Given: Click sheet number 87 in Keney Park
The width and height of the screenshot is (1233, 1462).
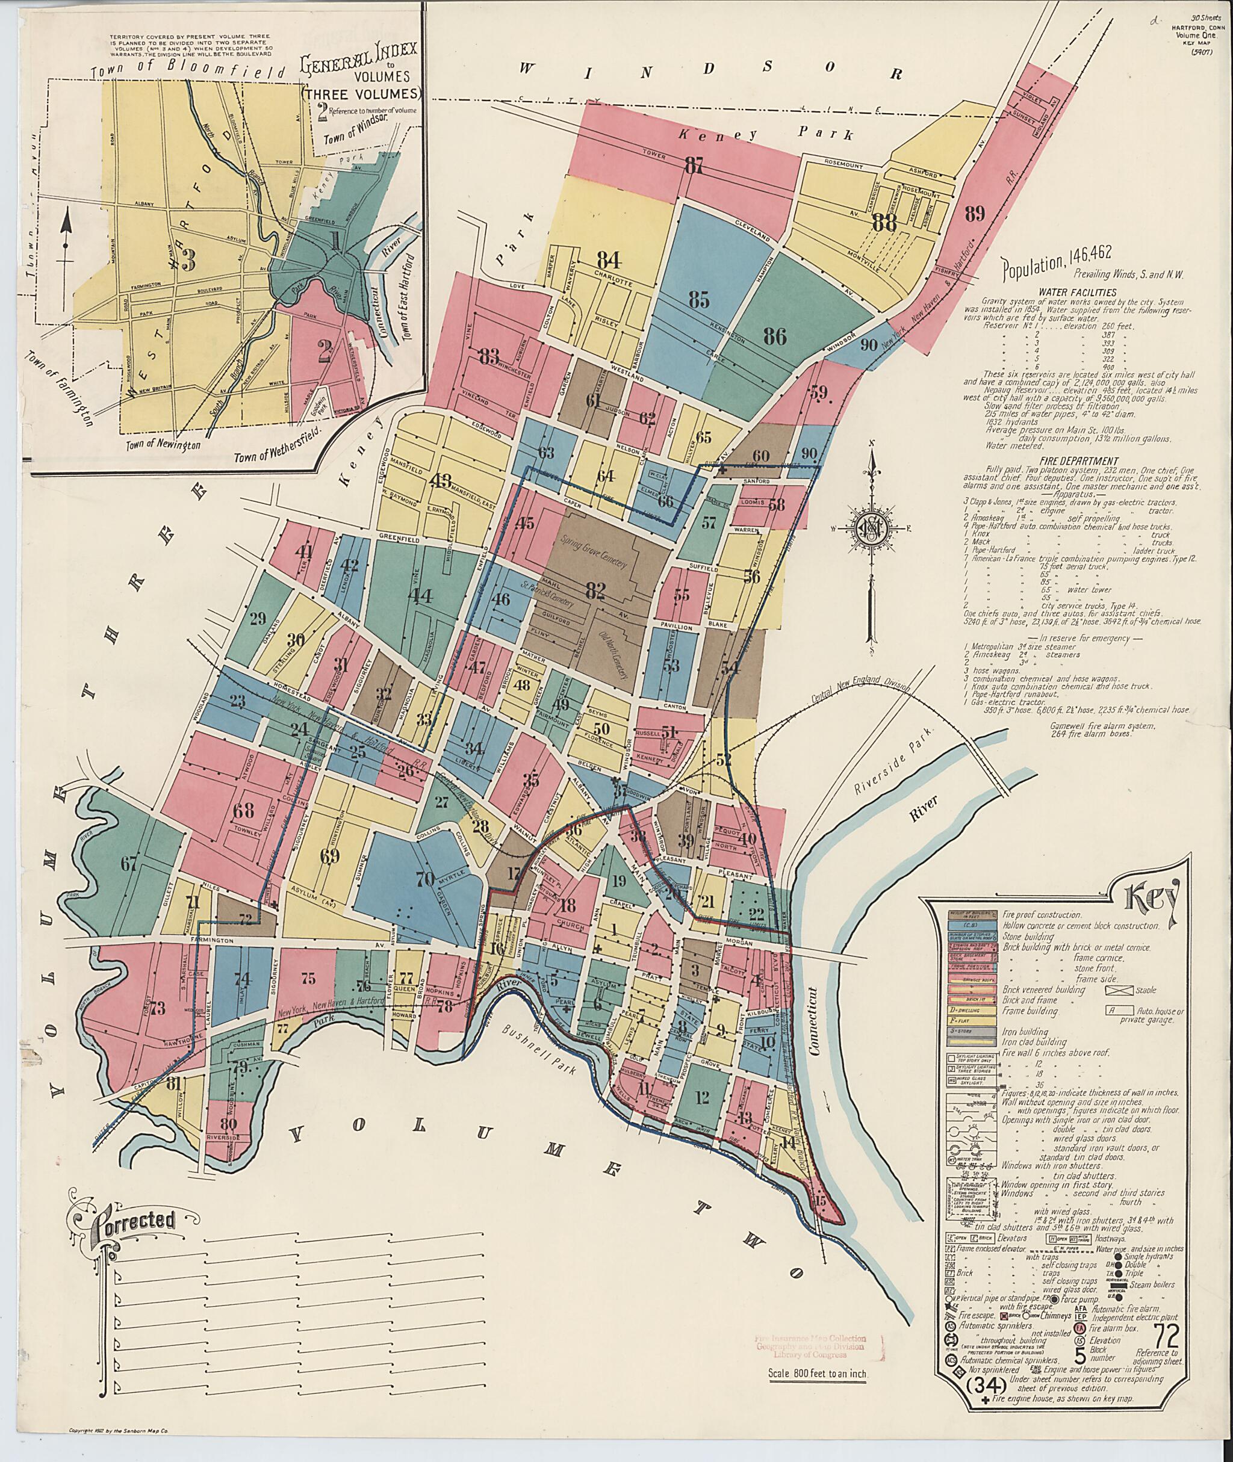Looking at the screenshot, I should (694, 166).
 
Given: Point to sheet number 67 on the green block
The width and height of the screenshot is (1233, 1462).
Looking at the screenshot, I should (129, 864).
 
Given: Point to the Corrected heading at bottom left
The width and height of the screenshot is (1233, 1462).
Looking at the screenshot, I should (131, 1241).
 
